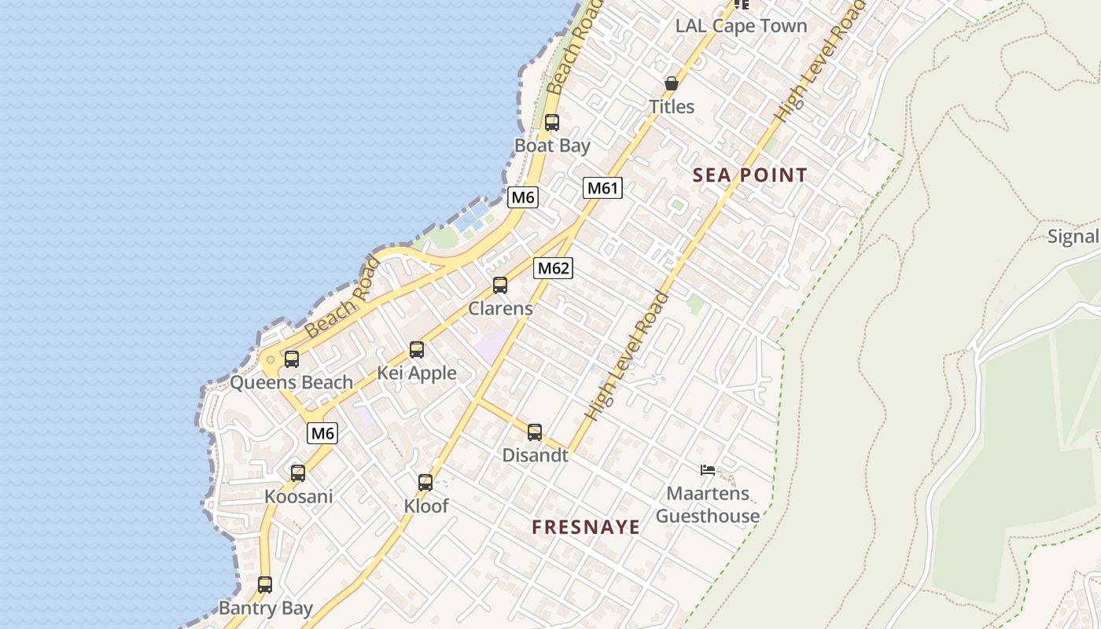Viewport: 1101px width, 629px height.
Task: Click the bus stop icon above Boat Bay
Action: tap(552, 123)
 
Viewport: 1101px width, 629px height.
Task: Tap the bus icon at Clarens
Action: tap(500, 285)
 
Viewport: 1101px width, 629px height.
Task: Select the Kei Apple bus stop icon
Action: tap(417, 350)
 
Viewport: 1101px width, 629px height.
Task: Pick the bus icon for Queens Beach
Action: tap(292, 359)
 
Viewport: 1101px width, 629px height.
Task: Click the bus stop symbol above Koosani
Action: tap(298, 473)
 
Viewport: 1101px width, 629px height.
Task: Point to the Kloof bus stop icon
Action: tap(425, 483)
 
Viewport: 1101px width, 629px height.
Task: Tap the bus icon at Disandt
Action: tap(535, 432)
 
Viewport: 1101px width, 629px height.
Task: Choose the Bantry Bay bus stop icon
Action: tap(265, 585)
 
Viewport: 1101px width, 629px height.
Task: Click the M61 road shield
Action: tap(603, 188)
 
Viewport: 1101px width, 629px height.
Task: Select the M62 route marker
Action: tap(553, 268)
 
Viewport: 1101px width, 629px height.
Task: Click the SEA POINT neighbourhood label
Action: tap(749, 175)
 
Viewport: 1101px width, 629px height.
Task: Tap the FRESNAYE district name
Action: tap(586, 527)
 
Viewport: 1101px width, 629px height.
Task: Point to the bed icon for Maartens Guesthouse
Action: tap(708, 470)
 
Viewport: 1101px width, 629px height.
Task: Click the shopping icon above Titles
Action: tap(672, 83)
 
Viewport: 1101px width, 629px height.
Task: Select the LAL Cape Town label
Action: tap(741, 25)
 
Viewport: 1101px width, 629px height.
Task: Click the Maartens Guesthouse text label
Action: tap(708, 505)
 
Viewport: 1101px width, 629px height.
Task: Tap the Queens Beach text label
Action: tap(291, 383)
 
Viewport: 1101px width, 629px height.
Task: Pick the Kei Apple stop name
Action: tap(417, 373)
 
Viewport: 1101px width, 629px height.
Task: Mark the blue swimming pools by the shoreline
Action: tap(471, 216)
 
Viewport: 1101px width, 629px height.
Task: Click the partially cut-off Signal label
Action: tap(1074, 237)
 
